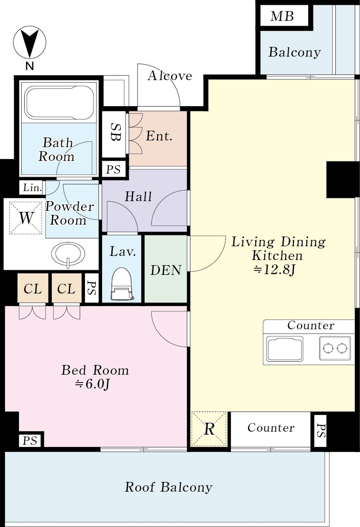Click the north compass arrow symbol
[29, 42]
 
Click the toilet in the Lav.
[121, 284]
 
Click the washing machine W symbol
[25, 218]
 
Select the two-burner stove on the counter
[335, 348]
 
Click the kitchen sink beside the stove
[285, 348]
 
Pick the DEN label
[166, 270]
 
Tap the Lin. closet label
[33, 188]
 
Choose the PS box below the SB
[114, 169]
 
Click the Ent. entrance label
[159, 136]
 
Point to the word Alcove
[170, 76]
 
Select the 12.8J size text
[274, 271]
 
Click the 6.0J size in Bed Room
[92, 384]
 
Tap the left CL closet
[33, 288]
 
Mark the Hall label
[138, 197]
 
